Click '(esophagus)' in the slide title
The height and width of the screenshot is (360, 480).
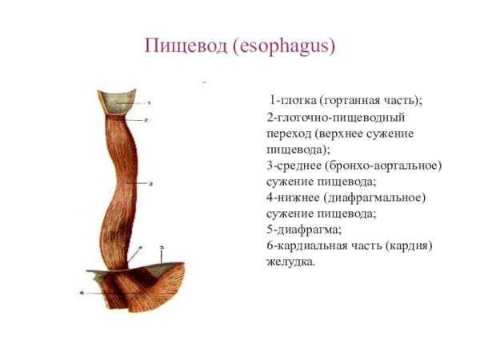pos(284,46)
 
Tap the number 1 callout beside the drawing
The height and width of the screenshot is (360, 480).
pos(150,102)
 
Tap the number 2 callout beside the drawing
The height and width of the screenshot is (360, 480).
pos(147,119)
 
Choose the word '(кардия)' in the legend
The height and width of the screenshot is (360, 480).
pos(410,245)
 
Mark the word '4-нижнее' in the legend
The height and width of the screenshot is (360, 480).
pos(293,197)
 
